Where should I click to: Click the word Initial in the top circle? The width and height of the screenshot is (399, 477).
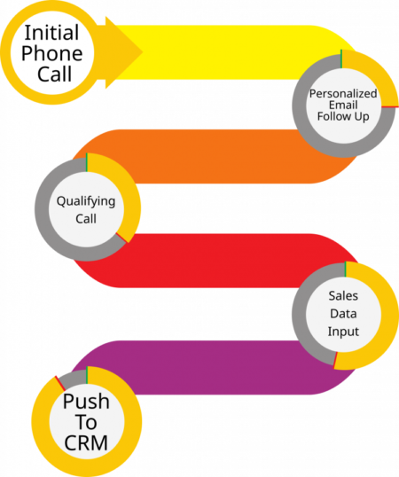[51, 33]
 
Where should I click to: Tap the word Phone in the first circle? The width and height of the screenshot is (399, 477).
[52, 53]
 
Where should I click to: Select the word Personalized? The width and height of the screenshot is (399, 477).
[343, 94]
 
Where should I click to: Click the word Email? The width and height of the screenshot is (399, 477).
[343, 105]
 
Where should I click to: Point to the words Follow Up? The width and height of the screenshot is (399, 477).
[343, 116]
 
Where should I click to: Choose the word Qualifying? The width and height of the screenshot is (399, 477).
[86, 201]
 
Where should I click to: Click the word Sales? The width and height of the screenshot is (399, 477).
[343, 296]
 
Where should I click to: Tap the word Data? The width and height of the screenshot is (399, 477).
[343, 314]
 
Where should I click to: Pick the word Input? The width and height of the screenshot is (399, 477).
[343, 332]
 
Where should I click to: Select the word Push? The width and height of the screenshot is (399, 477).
[86, 402]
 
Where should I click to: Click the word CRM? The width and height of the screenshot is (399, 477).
[86, 442]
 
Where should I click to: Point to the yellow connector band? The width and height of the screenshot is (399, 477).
[213, 52]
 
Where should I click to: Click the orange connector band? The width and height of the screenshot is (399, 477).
[213, 157]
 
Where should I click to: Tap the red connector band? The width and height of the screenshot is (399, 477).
[213, 261]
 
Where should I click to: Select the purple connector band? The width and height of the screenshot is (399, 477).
[213, 367]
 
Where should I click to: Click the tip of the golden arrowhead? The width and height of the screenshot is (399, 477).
[143, 52]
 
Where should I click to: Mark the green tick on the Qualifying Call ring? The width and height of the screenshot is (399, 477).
[87, 162]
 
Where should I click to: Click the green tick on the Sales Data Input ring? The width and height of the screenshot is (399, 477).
[346, 269]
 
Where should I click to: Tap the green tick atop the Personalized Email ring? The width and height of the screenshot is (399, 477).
[341, 59]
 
